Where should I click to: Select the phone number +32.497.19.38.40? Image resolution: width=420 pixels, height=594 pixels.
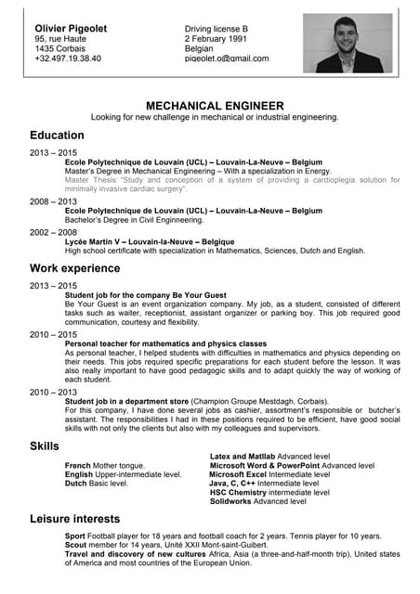point(68,58)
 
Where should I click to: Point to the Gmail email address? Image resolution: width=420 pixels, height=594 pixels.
point(226,58)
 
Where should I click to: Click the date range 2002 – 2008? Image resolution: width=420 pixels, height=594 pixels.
point(53,232)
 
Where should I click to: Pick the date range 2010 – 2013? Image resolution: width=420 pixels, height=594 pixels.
point(53,392)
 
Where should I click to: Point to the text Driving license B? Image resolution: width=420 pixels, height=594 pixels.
point(223,29)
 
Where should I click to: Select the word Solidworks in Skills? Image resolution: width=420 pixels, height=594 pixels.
point(232,501)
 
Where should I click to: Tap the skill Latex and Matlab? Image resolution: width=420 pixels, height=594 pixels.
point(243,457)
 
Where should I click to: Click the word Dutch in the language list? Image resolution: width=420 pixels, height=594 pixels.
point(76,484)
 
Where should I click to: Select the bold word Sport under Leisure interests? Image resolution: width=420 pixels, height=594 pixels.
point(75,536)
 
